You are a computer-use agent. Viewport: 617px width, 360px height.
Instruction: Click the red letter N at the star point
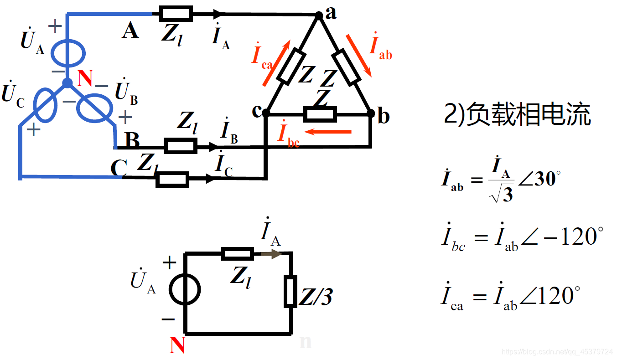tap(85, 78)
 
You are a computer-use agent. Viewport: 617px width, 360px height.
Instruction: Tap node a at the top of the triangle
tap(319, 15)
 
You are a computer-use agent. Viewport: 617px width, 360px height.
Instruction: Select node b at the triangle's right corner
tap(371, 113)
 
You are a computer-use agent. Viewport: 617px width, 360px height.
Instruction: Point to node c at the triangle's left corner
tap(266, 112)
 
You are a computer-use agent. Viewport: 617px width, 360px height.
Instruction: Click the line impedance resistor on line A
tap(176, 14)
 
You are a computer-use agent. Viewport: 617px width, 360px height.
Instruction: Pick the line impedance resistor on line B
tap(181, 146)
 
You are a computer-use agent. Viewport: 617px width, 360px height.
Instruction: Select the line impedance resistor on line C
tap(172, 179)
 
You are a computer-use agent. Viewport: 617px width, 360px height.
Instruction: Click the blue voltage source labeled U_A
tap(67, 54)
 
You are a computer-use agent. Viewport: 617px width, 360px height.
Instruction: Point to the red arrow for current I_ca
tap(276, 63)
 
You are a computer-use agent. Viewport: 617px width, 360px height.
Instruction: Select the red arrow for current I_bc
tap(328, 132)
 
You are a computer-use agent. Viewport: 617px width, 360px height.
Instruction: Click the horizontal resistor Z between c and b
tap(320, 114)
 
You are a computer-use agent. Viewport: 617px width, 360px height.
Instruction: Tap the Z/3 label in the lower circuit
tap(315, 297)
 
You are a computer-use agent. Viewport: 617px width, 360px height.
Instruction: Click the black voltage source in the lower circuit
tap(185, 290)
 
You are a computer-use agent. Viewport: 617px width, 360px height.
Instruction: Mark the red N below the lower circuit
tap(177, 345)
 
